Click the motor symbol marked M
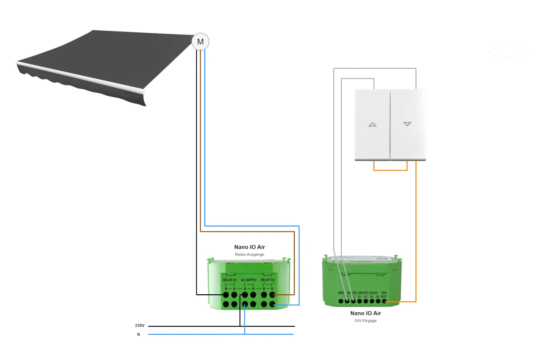coord(201,42)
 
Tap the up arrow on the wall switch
coord(373,124)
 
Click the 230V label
coord(139,325)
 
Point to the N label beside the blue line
coord(139,334)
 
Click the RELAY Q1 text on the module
coord(230,280)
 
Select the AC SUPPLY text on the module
coord(249,280)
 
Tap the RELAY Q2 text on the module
coord(268,280)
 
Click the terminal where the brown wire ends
coord(272,295)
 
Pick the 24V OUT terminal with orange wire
coord(384,301)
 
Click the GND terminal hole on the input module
coord(341,301)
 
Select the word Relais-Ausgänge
coord(249,255)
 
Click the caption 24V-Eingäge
coord(365,320)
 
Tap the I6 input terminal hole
coord(378,301)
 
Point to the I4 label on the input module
coord(365,297)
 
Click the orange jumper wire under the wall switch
coord(390,170)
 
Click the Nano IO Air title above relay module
coord(249,247)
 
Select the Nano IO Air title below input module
coord(365,313)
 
